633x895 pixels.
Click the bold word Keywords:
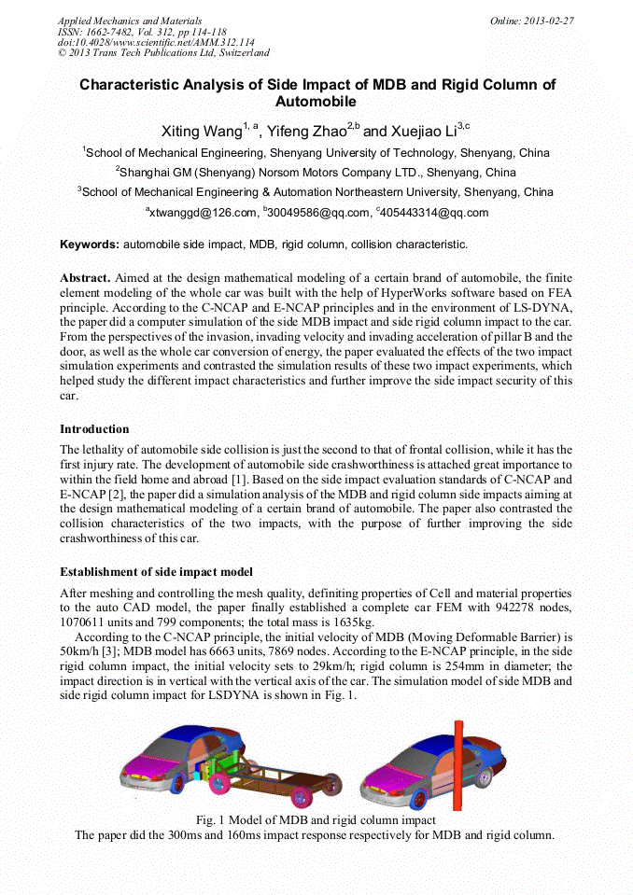[89, 245]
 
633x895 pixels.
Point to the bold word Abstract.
[85, 278]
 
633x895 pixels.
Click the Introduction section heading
[94, 429]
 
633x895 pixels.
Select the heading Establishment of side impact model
[156, 571]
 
